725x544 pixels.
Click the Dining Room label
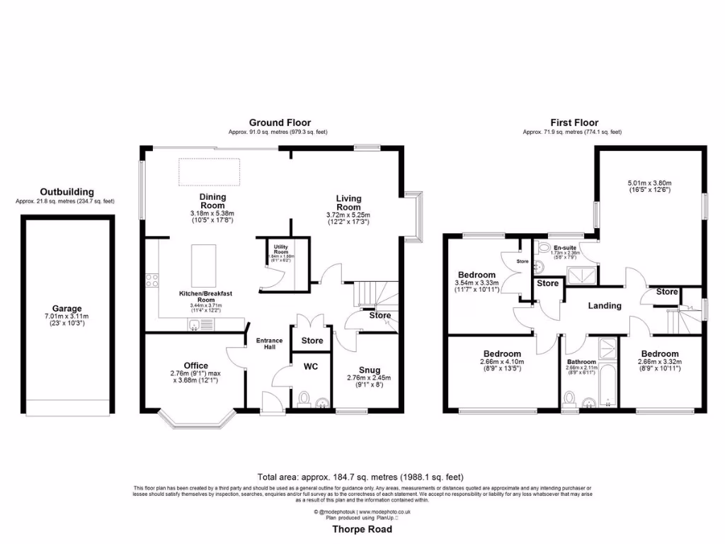click(212, 201)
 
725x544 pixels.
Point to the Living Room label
click(348, 203)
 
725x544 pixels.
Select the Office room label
click(195, 365)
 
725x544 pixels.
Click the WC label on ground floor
click(312, 367)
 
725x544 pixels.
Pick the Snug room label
click(369, 370)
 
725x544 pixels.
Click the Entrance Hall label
click(269, 344)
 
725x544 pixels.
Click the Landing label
click(605, 306)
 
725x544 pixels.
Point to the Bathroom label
click(580, 362)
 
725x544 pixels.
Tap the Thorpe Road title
click(362, 529)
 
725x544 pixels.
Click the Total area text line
click(362, 477)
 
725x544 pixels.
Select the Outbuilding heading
click(67, 192)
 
